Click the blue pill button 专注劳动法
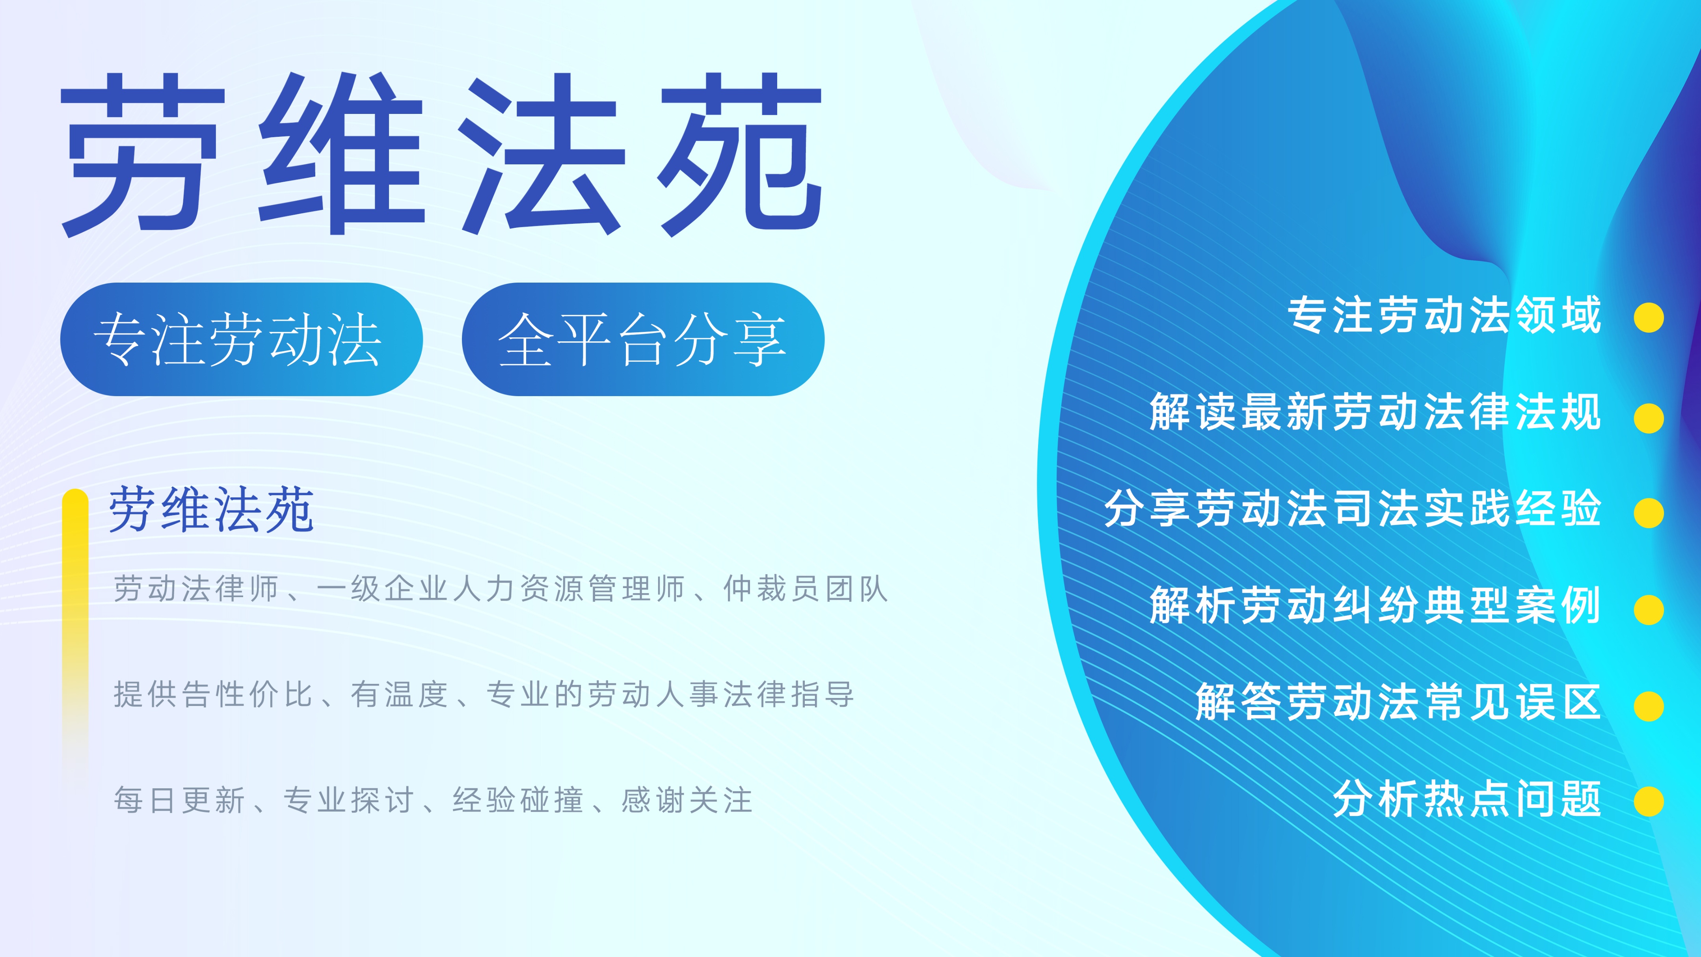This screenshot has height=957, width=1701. (241, 339)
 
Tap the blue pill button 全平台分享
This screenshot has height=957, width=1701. (642, 339)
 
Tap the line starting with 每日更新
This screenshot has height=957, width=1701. (433, 800)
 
